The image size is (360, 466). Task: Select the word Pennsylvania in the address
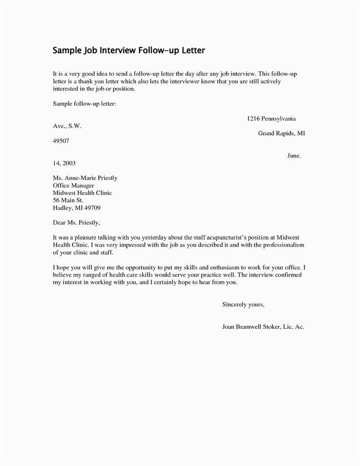[277, 119]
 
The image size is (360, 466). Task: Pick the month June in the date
[293, 155]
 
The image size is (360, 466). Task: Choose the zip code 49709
[91, 208]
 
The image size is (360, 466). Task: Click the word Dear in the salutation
[60, 223]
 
